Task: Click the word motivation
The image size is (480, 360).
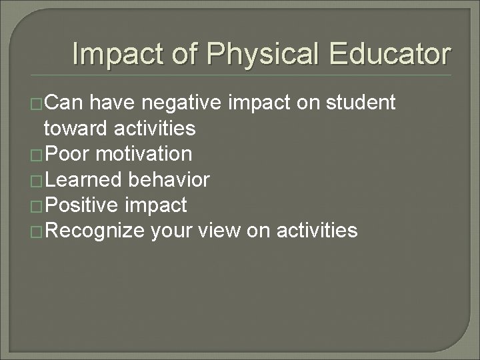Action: tap(144, 154)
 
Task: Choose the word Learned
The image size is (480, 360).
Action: tap(84, 179)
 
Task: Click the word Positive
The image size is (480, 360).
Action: tap(85, 205)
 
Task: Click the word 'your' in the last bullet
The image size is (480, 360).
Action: tap(171, 231)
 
